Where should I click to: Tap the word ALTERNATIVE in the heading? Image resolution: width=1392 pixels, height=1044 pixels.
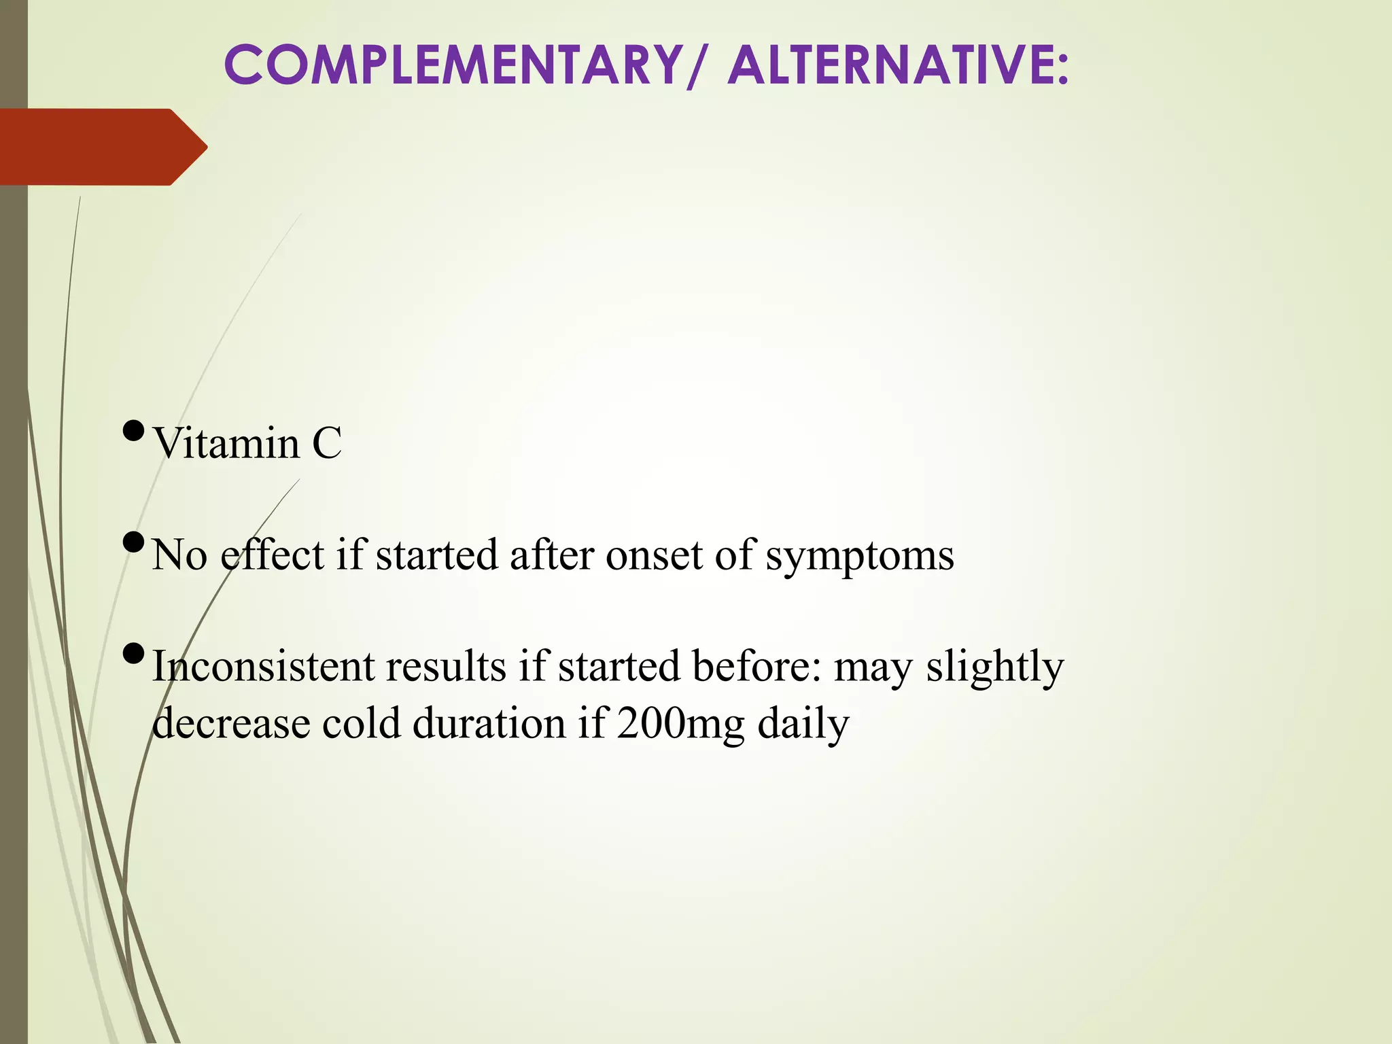click(x=897, y=65)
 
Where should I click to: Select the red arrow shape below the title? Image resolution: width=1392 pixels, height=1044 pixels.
click(x=102, y=147)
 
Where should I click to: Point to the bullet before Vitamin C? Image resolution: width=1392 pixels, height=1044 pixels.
click(x=134, y=431)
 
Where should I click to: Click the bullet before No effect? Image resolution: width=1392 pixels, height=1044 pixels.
click(x=134, y=542)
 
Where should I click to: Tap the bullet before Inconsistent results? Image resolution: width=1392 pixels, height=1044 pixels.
click(x=134, y=654)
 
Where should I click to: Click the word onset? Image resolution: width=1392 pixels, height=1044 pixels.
click(x=654, y=555)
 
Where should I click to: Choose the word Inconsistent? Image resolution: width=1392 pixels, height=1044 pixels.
click(x=262, y=666)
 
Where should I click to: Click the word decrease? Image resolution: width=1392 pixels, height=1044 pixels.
click(x=231, y=723)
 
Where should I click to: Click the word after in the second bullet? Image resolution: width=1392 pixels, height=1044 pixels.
click(x=552, y=555)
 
